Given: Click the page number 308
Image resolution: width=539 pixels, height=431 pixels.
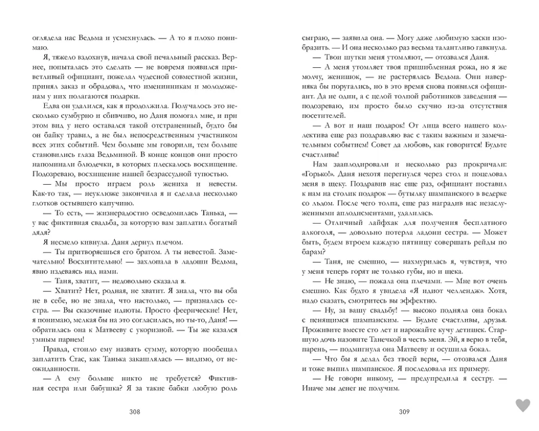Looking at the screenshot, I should coord(135,412).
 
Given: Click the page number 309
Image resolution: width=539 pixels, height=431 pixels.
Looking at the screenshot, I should coord(404,412).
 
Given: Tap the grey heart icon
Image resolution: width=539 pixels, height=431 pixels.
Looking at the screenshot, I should coord(522,405).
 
